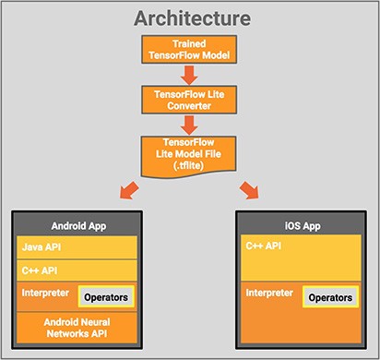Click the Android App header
coord(77,225)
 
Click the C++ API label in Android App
coord(38,272)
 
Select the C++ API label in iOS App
coord(264,248)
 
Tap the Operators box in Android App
coord(106,297)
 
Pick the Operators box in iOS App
coord(330,297)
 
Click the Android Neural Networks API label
coord(77,327)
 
